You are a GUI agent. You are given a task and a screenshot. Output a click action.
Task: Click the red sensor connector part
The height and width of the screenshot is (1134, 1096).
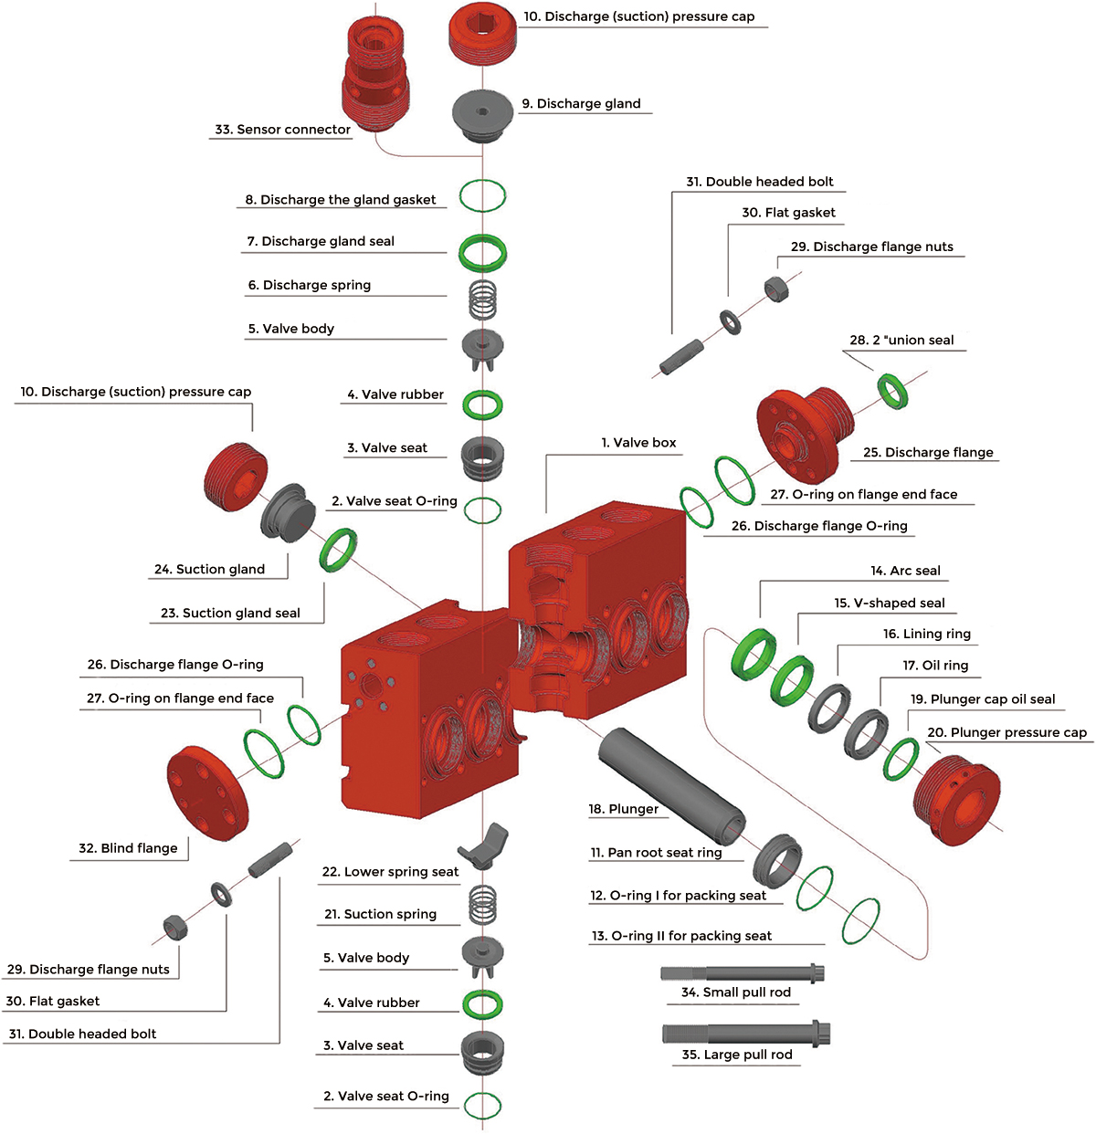click(374, 73)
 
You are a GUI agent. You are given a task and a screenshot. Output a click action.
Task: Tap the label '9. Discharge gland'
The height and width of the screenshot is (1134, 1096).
click(581, 104)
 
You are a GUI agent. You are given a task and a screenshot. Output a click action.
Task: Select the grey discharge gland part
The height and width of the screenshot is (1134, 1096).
click(482, 115)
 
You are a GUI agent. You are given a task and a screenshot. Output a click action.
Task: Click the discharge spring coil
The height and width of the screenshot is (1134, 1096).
click(483, 299)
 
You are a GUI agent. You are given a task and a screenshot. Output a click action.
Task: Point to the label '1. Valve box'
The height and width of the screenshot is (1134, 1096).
click(638, 443)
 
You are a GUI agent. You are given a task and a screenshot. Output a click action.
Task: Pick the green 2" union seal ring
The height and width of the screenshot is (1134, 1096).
click(892, 391)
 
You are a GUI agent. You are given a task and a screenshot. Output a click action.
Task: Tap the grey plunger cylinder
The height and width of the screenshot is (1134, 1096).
click(671, 785)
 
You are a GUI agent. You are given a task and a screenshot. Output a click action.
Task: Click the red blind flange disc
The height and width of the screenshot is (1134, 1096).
click(207, 793)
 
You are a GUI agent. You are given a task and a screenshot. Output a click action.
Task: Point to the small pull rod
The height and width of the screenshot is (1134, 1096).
click(743, 972)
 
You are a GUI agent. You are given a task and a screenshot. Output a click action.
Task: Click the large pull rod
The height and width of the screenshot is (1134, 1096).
click(746, 1034)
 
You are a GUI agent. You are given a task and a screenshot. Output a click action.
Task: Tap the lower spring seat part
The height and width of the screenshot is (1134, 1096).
click(484, 845)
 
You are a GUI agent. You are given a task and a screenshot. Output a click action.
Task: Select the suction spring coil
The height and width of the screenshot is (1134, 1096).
click(483, 906)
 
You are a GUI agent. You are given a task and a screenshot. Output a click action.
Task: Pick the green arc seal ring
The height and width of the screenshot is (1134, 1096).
click(753, 654)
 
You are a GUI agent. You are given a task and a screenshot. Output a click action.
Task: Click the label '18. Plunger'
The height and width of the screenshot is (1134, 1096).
click(623, 809)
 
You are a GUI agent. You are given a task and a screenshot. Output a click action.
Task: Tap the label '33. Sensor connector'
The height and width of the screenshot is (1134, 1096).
click(283, 130)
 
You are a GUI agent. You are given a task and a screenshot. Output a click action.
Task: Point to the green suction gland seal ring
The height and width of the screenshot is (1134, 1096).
click(338, 550)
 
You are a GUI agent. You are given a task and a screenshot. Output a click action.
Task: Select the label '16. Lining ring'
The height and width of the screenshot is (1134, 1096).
click(927, 634)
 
